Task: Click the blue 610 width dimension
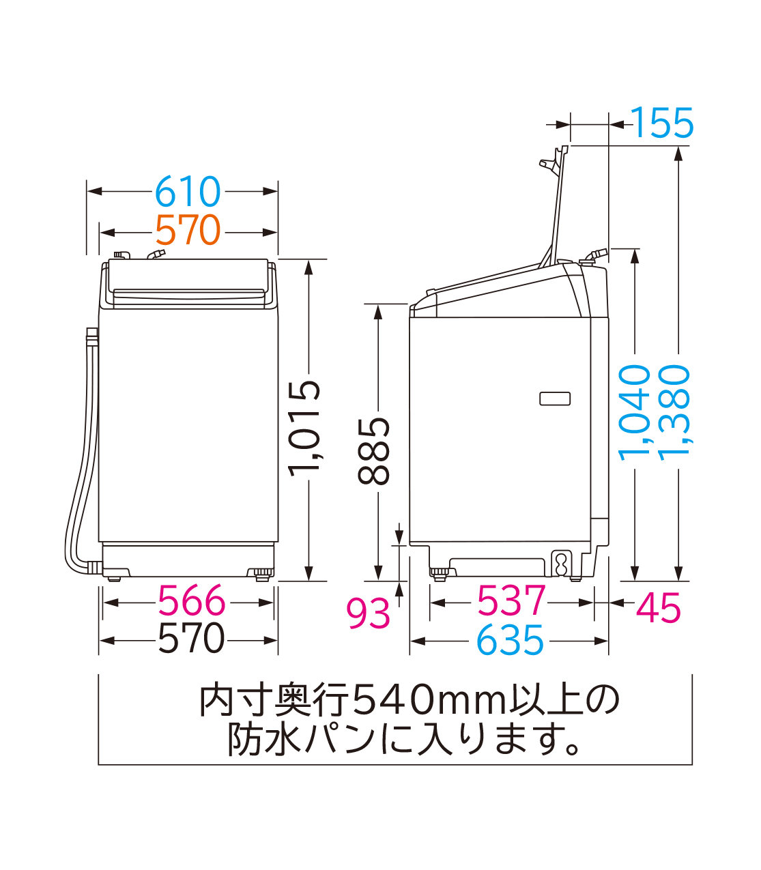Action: pos(188,192)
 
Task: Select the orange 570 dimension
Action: pos(188,231)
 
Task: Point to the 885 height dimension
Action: pos(375,451)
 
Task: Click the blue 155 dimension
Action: pos(662,124)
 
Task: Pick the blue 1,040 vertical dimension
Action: pos(635,412)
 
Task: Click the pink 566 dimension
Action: pos(190,602)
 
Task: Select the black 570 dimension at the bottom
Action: pos(190,639)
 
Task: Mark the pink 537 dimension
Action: pos(511,602)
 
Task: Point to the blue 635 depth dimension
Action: pos(510,641)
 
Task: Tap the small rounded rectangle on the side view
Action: pos(555,398)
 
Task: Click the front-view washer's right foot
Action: pos(260,573)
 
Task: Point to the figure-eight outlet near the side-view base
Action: pos(561,564)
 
